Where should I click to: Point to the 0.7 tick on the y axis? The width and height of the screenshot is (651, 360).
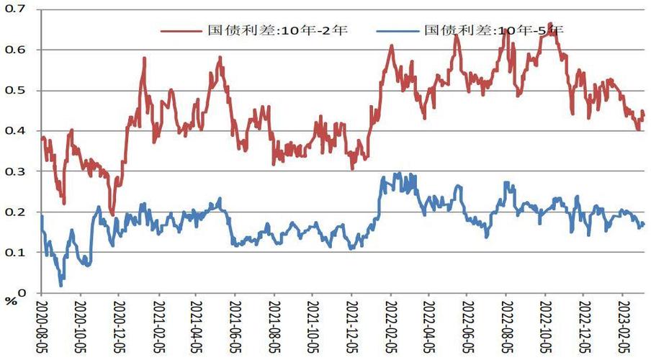tap(16, 9)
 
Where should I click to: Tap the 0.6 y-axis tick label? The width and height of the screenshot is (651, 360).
tap(16, 50)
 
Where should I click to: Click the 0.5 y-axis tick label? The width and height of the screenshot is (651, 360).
tap(16, 90)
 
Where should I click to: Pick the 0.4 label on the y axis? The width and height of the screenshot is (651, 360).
tap(16, 130)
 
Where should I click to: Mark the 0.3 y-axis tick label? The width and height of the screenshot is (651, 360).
tap(16, 171)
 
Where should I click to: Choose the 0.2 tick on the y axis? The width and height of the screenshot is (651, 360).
tap(16, 212)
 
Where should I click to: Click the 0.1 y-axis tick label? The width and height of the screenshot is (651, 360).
tap(16, 252)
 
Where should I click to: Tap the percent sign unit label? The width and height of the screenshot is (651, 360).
tap(10, 302)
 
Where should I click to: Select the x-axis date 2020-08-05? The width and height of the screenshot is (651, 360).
tap(41, 324)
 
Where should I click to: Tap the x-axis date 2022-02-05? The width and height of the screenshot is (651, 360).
tap(390, 324)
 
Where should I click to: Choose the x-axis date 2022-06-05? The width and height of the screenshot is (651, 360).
tap(467, 324)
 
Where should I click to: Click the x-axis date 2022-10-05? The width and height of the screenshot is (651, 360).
tap(544, 324)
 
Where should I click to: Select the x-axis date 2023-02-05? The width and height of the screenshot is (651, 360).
tap(621, 324)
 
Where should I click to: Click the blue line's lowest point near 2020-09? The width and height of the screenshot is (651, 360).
tap(60, 286)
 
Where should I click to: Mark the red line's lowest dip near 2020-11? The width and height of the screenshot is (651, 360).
tap(112, 215)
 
